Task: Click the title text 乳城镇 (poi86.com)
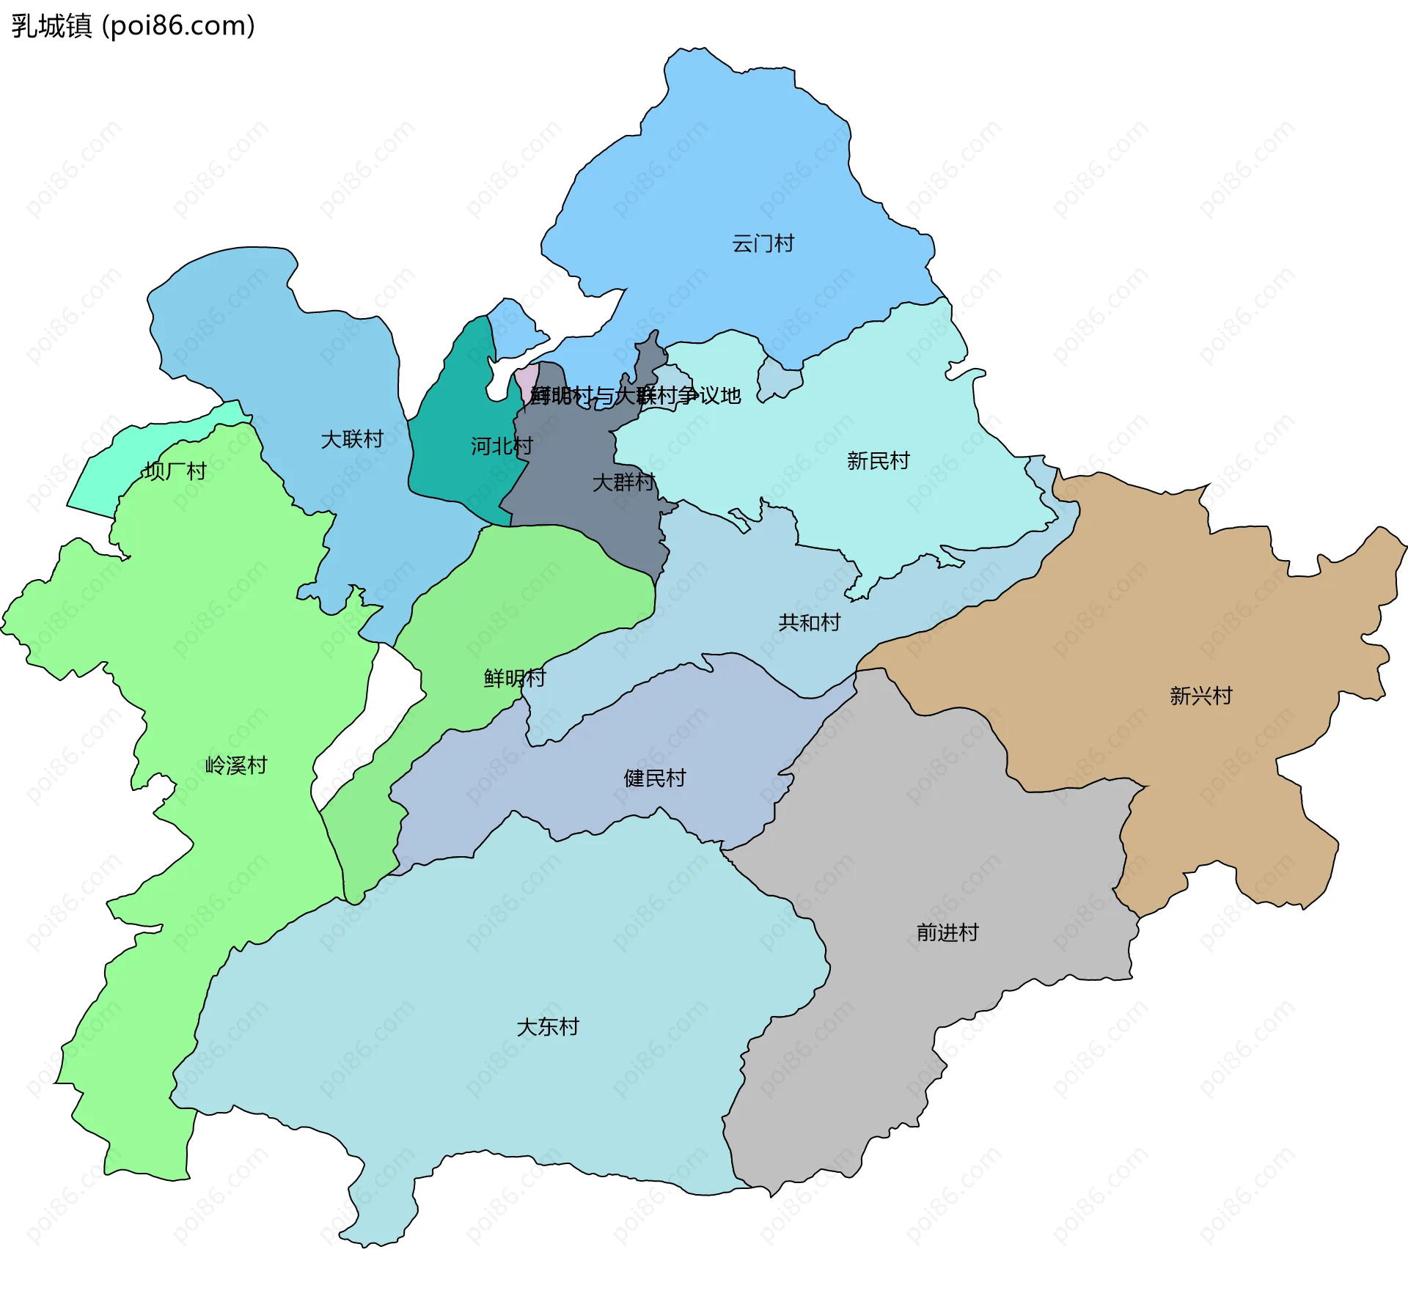click(x=133, y=26)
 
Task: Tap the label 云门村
click(x=763, y=243)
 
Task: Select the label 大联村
click(x=352, y=439)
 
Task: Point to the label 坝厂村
click(x=175, y=471)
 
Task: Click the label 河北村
click(x=502, y=446)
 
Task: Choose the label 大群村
click(x=623, y=482)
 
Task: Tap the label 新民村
click(x=878, y=460)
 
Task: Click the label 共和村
click(x=809, y=622)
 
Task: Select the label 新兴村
click(x=1200, y=695)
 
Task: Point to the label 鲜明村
click(x=515, y=678)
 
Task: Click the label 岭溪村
click(x=236, y=765)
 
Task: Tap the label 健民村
click(x=655, y=778)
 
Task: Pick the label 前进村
click(x=947, y=932)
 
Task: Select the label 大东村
click(x=548, y=1026)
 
